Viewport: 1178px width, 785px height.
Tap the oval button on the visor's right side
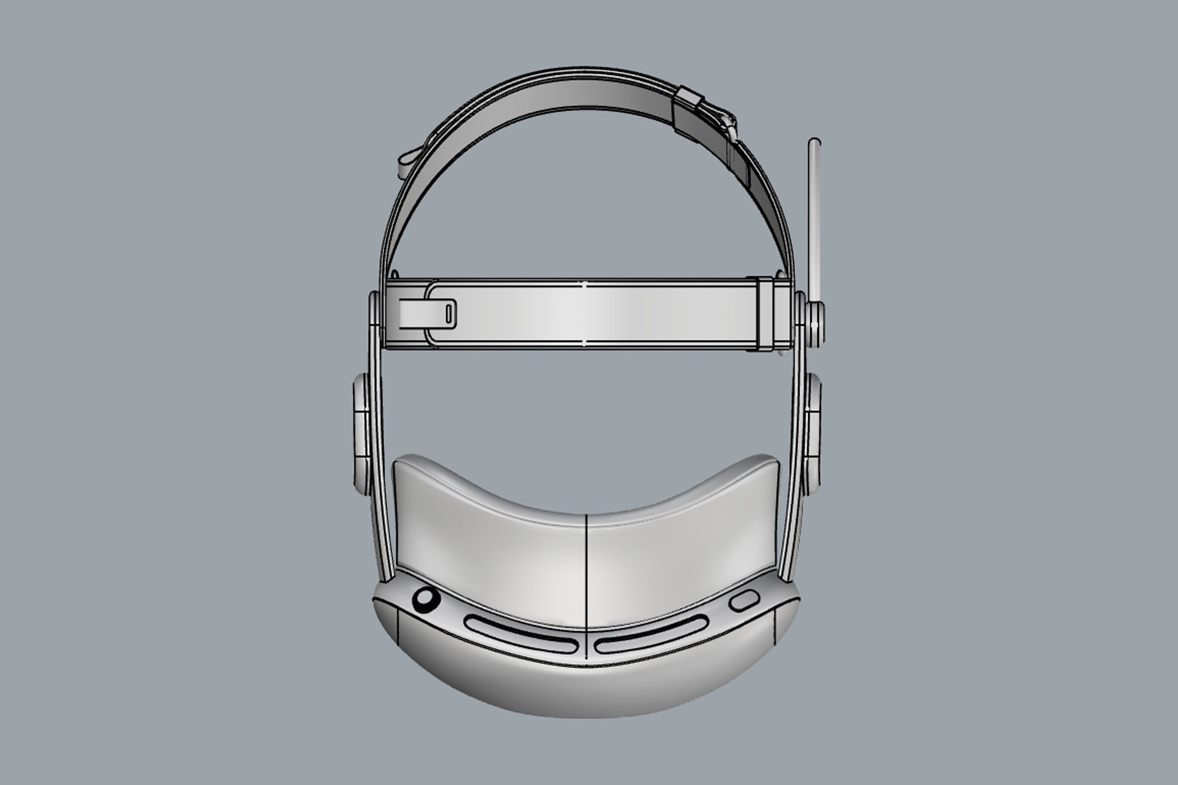(x=742, y=601)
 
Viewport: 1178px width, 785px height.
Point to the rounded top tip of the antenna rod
(x=815, y=145)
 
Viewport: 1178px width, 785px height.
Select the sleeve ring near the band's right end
(x=766, y=314)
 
